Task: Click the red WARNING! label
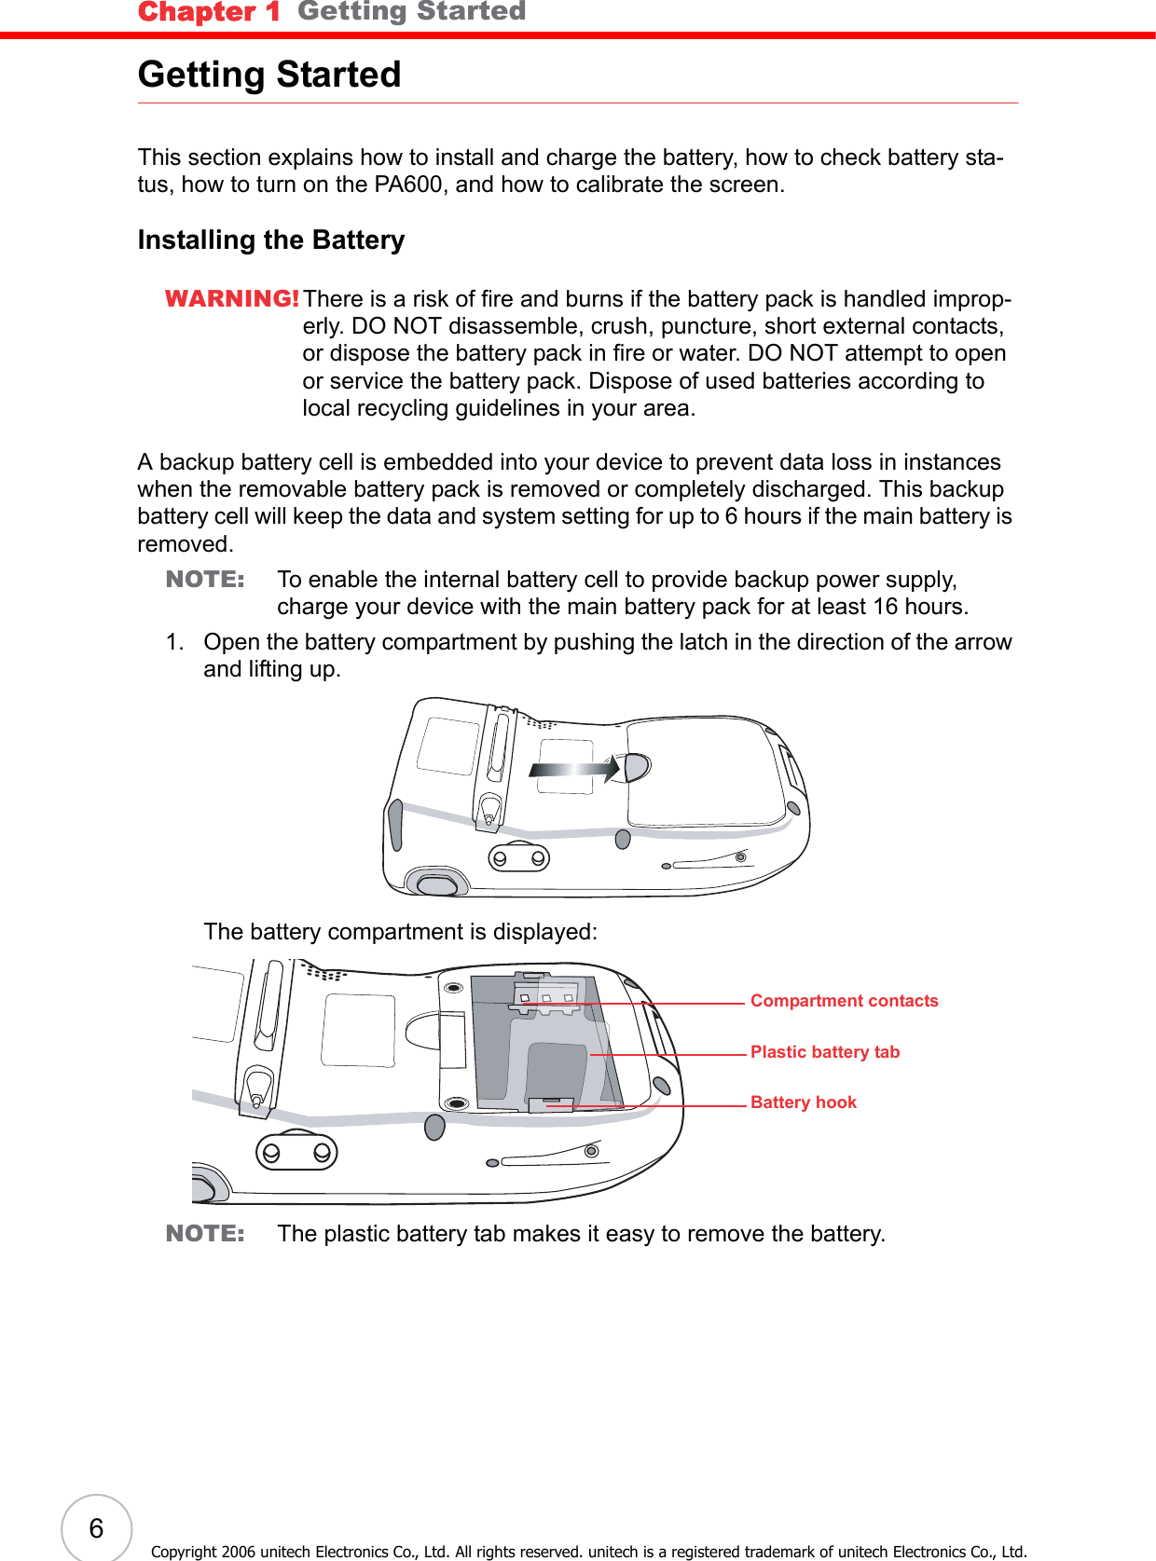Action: click(231, 298)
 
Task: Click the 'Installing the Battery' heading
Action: click(271, 240)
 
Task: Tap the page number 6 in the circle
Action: click(96, 1528)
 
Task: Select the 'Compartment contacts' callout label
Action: click(844, 1001)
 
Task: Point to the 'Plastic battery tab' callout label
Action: click(824, 1052)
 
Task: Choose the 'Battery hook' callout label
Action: click(803, 1102)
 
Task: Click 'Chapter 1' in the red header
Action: click(209, 12)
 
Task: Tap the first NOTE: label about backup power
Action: click(205, 580)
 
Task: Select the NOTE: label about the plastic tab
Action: click(205, 1234)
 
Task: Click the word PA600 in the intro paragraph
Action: click(407, 185)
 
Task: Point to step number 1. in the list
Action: click(174, 642)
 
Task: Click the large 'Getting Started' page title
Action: click(269, 75)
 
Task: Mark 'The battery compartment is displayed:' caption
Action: click(400, 932)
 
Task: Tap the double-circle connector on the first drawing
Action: click(519, 857)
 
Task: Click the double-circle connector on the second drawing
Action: click(296, 1153)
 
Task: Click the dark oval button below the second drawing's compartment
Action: click(434, 1127)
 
